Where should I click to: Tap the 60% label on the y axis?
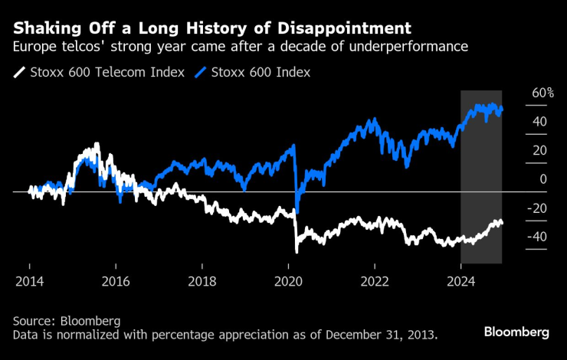[542, 93]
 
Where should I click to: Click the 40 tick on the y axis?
[539, 121]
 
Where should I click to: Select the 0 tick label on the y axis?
[543, 178]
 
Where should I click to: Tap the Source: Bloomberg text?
[67, 319]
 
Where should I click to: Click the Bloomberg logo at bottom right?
[516, 332]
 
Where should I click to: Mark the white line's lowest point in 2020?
[297, 251]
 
